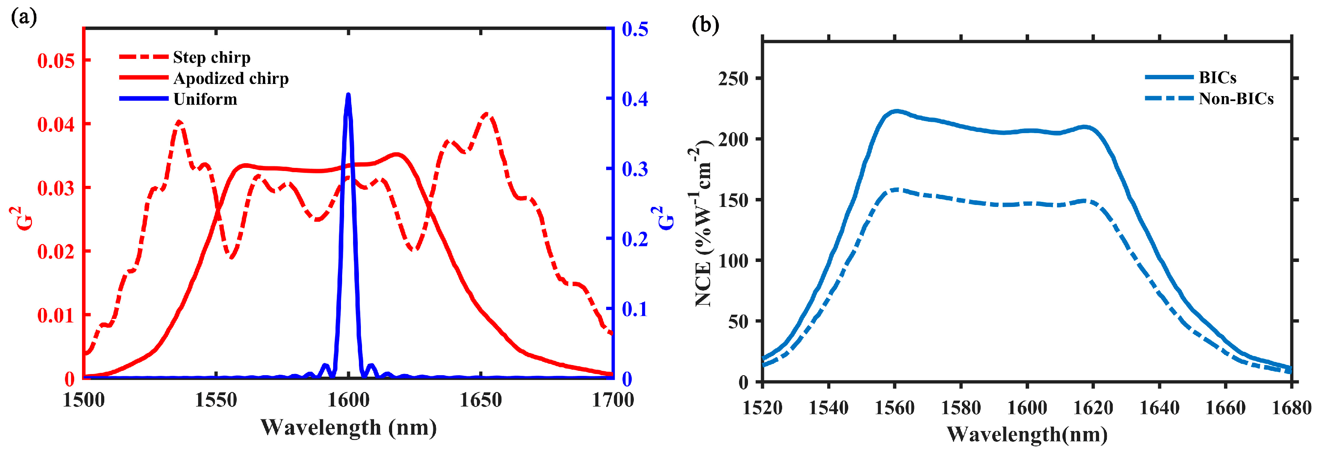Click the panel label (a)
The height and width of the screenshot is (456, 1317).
point(24,18)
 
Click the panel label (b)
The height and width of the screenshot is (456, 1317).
point(705,24)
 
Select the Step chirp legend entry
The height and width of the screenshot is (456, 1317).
point(211,57)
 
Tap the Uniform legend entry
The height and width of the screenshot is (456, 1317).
point(205,99)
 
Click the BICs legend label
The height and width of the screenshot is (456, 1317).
point(1217,78)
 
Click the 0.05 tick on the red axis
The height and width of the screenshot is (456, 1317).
point(56,61)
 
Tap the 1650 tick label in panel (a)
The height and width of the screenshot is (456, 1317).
point(480,400)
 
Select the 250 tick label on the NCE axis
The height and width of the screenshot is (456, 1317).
point(733,78)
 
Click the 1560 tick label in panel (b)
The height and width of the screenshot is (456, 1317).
point(895,408)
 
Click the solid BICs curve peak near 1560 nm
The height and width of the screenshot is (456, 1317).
point(896,111)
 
